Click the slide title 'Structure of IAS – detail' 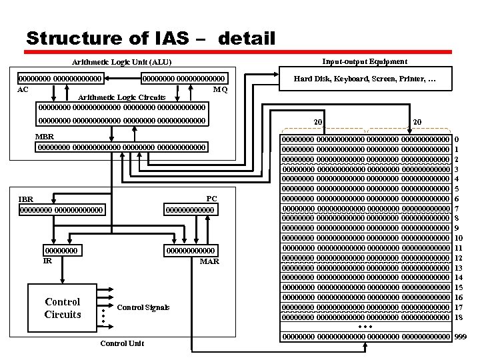pyautogui.click(x=150, y=37)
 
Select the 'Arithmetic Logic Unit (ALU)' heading pyautogui.click(x=122, y=63)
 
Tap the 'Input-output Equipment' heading pyautogui.click(x=364, y=61)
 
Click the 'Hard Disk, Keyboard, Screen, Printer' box pyautogui.click(x=365, y=79)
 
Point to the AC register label pyautogui.click(x=23, y=89)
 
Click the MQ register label pyautogui.click(x=220, y=89)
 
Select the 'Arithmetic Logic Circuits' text pyautogui.click(x=122, y=97)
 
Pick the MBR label pyautogui.click(x=45, y=137)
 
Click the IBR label pyautogui.click(x=26, y=199)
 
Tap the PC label pyautogui.click(x=211, y=199)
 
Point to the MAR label pyautogui.click(x=209, y=261)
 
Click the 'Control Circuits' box pyautogui.click(x=62, y=308)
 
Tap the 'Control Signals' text pyautogui.click(x=143, y=307)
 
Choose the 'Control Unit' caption pyautogui.click(x=122, y=343)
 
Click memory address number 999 pyautogui.click(x=461, y=337)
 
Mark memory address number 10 pyautogui.click(x=459, y=238)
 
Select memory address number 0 pyautogui.click(x=457, y=139)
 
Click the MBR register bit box pyautogui.click(x=122, y=147)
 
